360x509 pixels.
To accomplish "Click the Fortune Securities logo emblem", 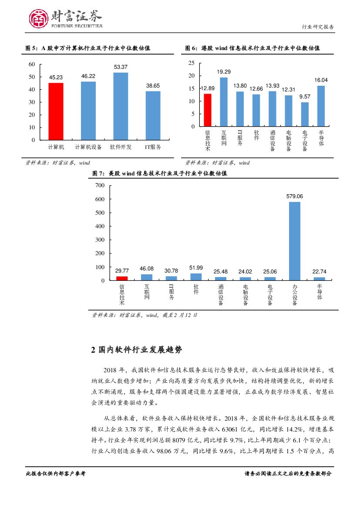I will [38, 19].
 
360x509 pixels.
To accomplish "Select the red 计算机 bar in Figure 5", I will [56, 111].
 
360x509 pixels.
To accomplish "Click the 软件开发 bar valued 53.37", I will [121, 106].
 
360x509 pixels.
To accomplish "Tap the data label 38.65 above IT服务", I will [153, 86].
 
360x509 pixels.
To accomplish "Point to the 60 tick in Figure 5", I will [31, 64].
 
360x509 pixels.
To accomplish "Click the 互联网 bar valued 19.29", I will [224, 102].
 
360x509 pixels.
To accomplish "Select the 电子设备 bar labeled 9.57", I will [305, 114].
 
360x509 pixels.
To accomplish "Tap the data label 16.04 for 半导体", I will [321, 80].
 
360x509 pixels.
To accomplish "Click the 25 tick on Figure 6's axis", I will [191, 63].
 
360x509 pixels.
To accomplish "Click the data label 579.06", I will [295, 196].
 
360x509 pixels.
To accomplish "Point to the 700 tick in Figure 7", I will [100, 185].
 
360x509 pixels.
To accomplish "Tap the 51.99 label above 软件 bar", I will [196, 267].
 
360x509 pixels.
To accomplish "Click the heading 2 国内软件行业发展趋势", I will [137, 349].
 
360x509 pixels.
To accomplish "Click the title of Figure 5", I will [87, 48].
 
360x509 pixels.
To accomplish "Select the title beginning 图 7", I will [159, 173].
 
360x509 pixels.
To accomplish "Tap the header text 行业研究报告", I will [318, 27].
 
